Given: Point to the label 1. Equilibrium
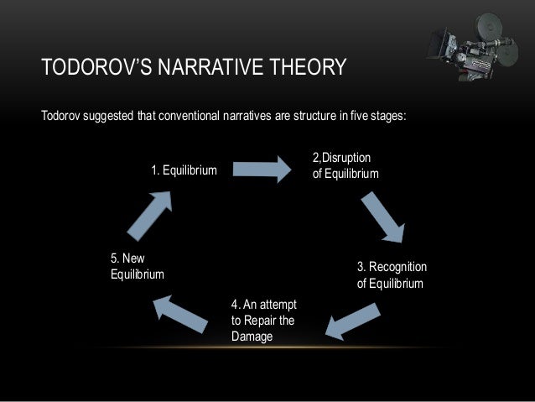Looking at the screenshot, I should tap(184, 171).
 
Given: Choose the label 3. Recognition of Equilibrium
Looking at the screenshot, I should tap(392, 274).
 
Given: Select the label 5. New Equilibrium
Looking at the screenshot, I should tap(138, 266).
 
